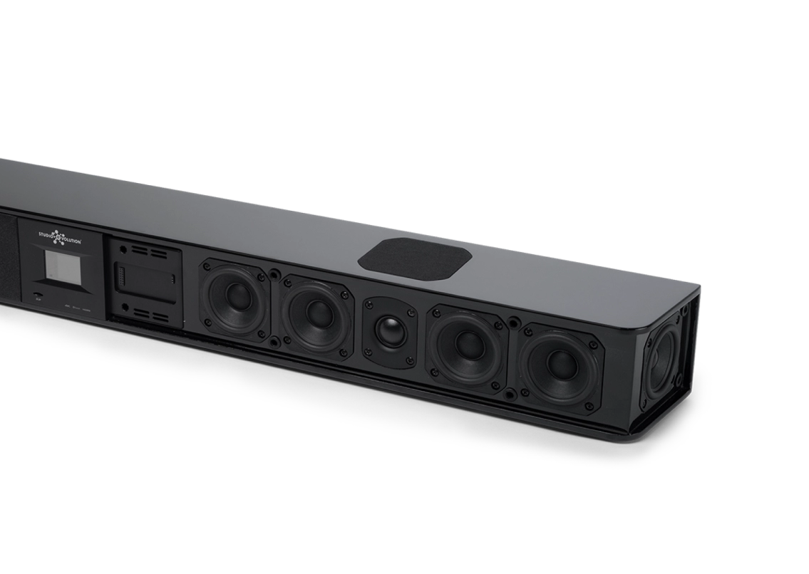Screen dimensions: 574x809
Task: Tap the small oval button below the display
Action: [37, 294]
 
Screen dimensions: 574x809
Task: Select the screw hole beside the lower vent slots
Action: [125, 308]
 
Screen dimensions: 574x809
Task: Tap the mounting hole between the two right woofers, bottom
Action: [510, 393]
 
